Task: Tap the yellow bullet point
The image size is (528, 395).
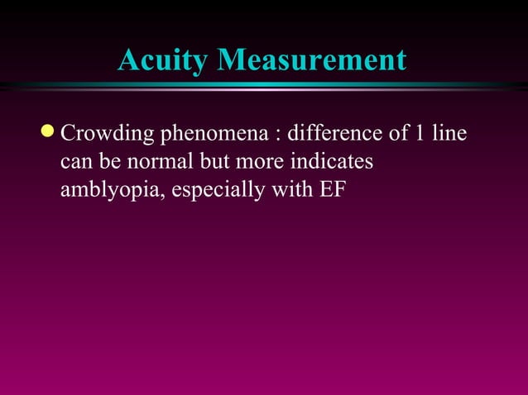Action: coord(49,132)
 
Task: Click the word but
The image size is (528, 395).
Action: coord(207,161)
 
